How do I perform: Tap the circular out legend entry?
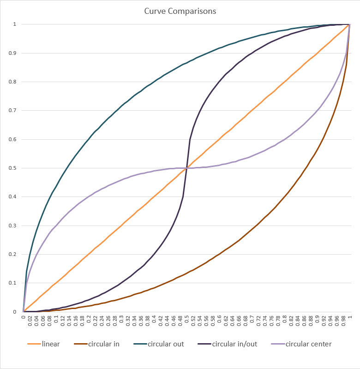coord(166,344)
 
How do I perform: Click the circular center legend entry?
coord(308,344)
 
